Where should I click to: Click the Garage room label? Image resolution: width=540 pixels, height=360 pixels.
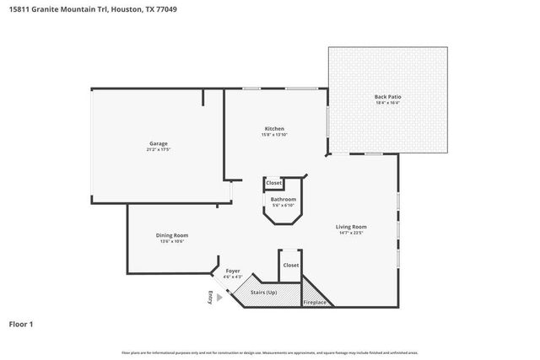[159, 143]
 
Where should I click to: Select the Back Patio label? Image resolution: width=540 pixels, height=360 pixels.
[387, 97]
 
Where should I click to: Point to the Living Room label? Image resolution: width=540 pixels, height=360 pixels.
[349, 226]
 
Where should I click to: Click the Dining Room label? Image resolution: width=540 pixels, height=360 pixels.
[171, 234]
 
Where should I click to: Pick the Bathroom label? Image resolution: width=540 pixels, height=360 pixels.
[283, 199]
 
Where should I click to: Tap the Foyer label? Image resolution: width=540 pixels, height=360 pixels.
[233, 271]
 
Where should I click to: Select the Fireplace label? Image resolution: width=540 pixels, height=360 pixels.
[316, 301]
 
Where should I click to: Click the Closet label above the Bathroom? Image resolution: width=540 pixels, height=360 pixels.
[273, 183]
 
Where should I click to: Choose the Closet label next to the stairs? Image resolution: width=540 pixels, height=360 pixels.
[290, 265]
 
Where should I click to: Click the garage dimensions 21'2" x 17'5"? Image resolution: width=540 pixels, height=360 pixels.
[159, 150]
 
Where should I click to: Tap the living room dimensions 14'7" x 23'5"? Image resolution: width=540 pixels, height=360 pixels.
[349, 233]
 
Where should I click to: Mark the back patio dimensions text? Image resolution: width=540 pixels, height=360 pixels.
[387, 104]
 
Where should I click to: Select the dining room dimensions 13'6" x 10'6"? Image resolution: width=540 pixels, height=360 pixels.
[171, 241]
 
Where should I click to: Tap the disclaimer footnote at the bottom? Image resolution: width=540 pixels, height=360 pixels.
[269, 352]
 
